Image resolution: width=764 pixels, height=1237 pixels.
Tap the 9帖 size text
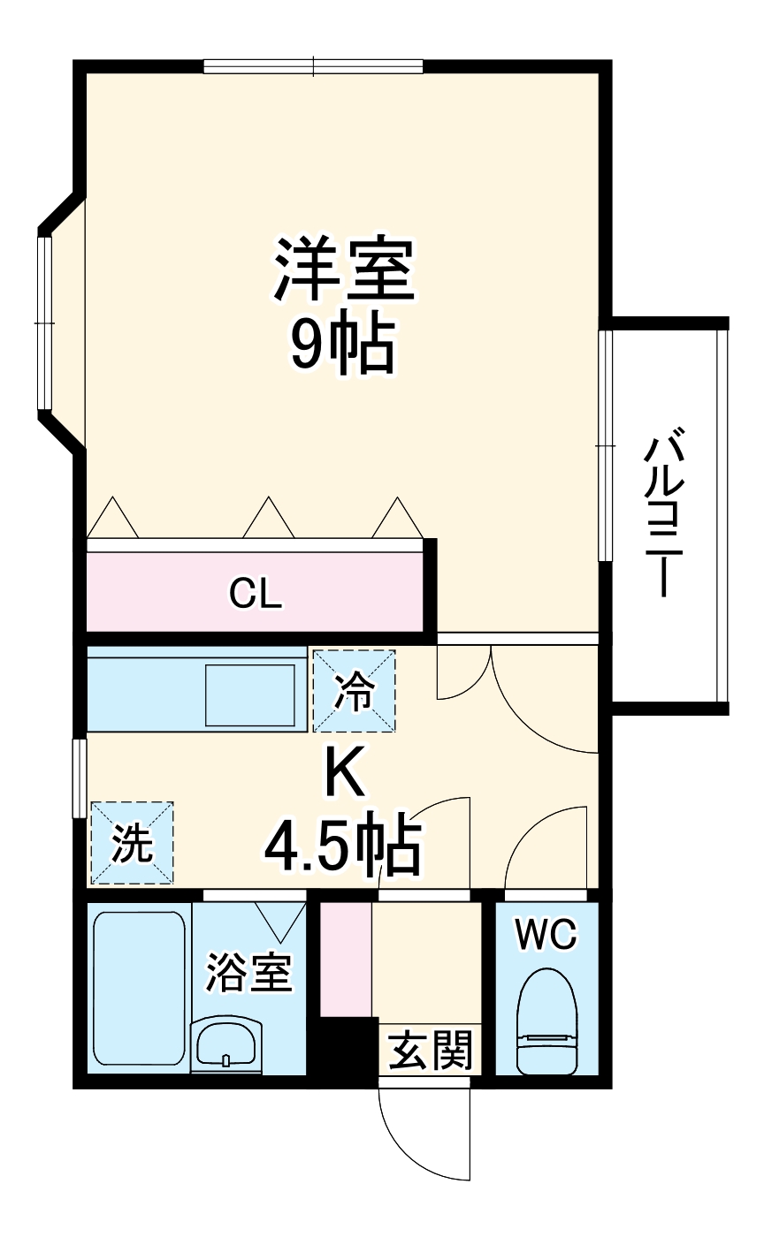click(343, 344)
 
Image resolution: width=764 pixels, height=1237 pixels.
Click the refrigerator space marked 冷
click(354, 691)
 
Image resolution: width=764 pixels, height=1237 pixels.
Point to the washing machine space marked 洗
click(132, 843)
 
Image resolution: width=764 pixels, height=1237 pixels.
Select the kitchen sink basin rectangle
click(250, 694)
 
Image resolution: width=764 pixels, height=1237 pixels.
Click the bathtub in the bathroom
click(139, 987)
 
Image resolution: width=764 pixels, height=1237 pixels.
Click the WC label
click(546, 933)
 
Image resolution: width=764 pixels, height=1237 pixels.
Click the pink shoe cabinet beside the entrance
click(345, 959)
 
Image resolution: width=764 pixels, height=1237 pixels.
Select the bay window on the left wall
click(46, 323)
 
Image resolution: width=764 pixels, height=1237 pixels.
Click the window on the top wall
click(313, 65)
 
